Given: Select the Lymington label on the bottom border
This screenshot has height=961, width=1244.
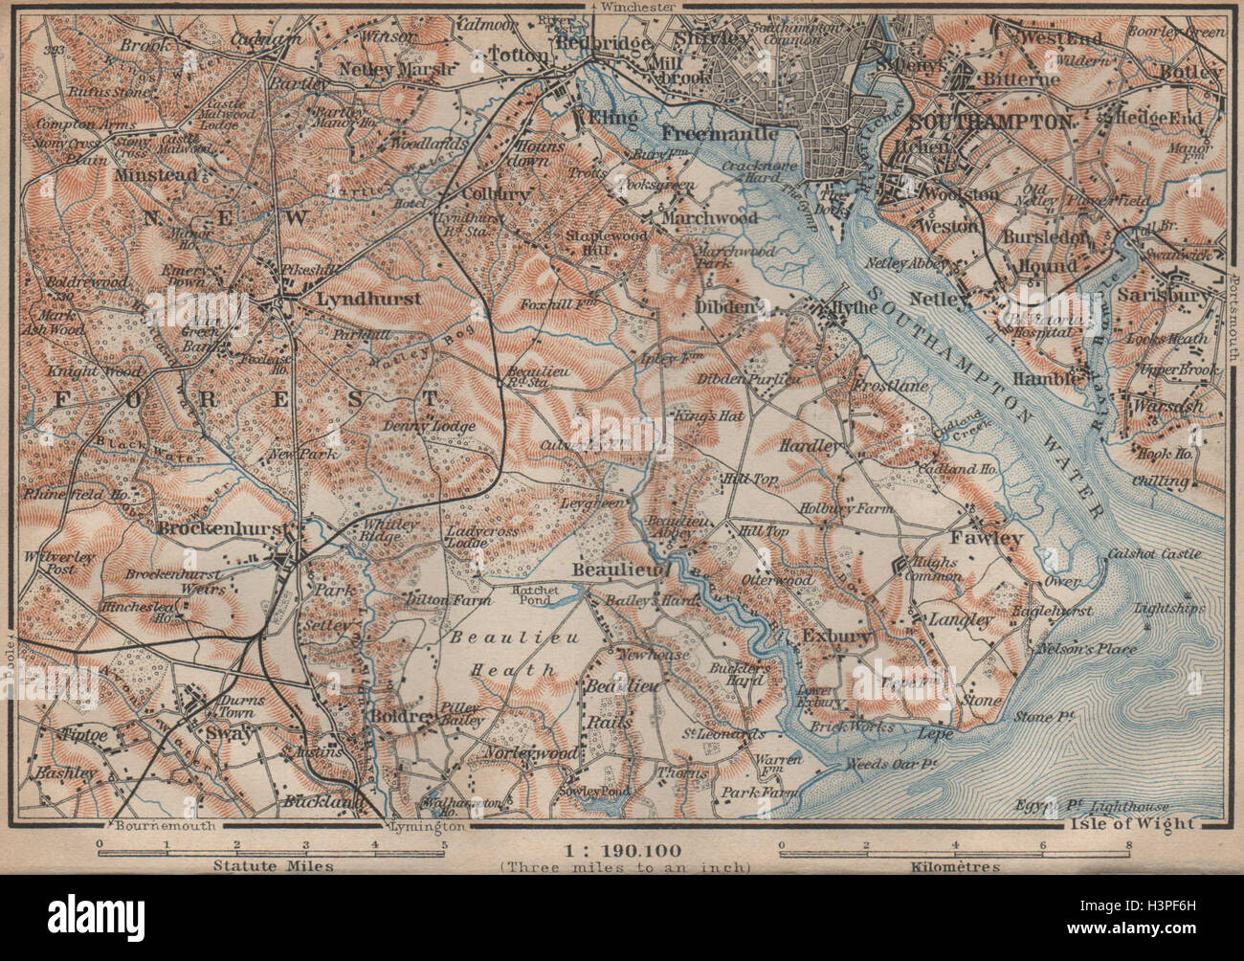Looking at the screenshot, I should (x=429, y=825).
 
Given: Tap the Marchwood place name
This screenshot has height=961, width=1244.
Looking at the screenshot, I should (x=736, y=217).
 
